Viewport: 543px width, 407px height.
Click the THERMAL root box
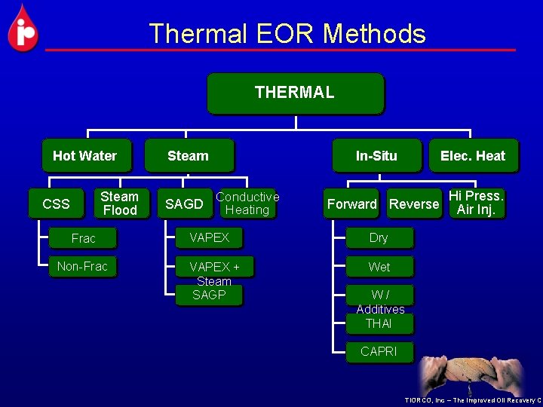point(295,93)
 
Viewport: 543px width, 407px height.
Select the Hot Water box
point(85,156)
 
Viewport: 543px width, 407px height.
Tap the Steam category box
point(189,156)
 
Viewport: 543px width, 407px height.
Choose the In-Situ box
point(376,156)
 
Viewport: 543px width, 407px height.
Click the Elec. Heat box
point(473,156)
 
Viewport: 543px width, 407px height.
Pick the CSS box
point(56,203)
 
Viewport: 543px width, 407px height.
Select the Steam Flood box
point(120,203)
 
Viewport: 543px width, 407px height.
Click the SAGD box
point(184,203)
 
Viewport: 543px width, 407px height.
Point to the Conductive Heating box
point(247,203)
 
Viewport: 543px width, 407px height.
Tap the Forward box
point(351,203)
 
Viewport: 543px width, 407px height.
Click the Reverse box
point(414,203)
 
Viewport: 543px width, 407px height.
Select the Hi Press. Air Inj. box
point(476,203)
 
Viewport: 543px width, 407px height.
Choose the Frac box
point(84,238)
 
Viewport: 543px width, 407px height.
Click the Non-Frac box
point(82,266)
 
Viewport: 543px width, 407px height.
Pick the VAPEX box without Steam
point(209,237)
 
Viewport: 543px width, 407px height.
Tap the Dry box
point(379,238)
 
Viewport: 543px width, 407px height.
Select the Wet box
point(379,267)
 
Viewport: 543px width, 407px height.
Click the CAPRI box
point(379,351)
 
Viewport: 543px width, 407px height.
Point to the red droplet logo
point(23,29)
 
